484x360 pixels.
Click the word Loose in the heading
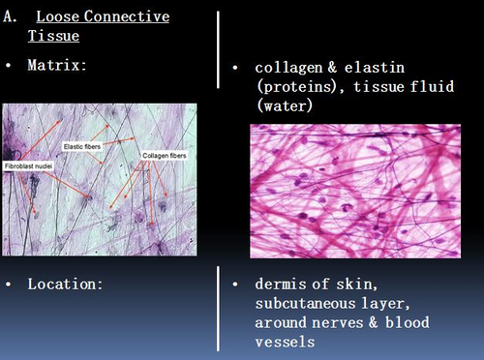tap(57, 16)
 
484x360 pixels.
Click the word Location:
tap(67, 285)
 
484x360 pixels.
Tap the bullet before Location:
tap(9, 285)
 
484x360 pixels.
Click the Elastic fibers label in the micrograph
tap(83, 146)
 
